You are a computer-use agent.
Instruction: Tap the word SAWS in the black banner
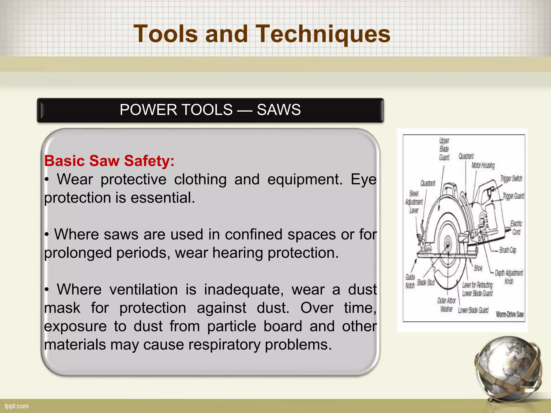point(279,110)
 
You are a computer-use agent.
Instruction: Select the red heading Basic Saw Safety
point(109,161)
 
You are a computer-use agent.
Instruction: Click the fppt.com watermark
point(17,406)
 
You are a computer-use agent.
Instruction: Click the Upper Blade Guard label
point(444,149)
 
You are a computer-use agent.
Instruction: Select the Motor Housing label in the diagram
point(483,165)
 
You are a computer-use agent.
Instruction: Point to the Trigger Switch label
point(511,179)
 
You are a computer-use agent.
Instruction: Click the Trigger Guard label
point(513,196)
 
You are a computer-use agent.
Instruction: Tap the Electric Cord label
point(516,228)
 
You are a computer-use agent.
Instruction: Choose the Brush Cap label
point(508,250)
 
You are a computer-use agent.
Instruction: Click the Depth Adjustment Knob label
point(509,277)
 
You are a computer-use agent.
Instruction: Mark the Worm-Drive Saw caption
point(510,314)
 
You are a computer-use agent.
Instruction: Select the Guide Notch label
point(410,281)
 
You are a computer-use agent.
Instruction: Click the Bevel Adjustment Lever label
point(414,202)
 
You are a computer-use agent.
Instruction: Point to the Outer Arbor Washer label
point(446,305)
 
